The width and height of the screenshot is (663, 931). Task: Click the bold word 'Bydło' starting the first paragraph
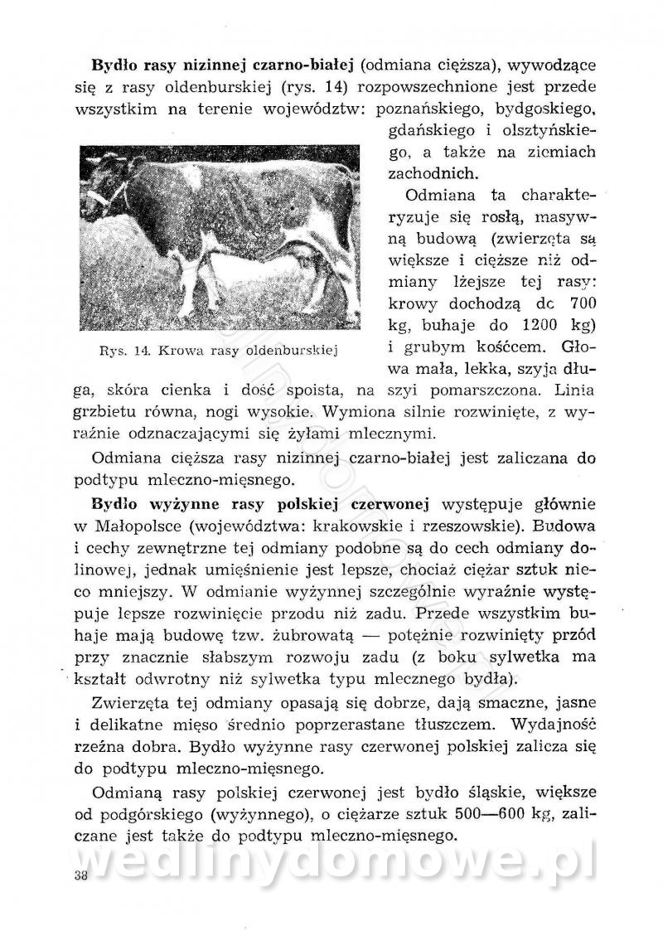[x=118, y=65]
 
